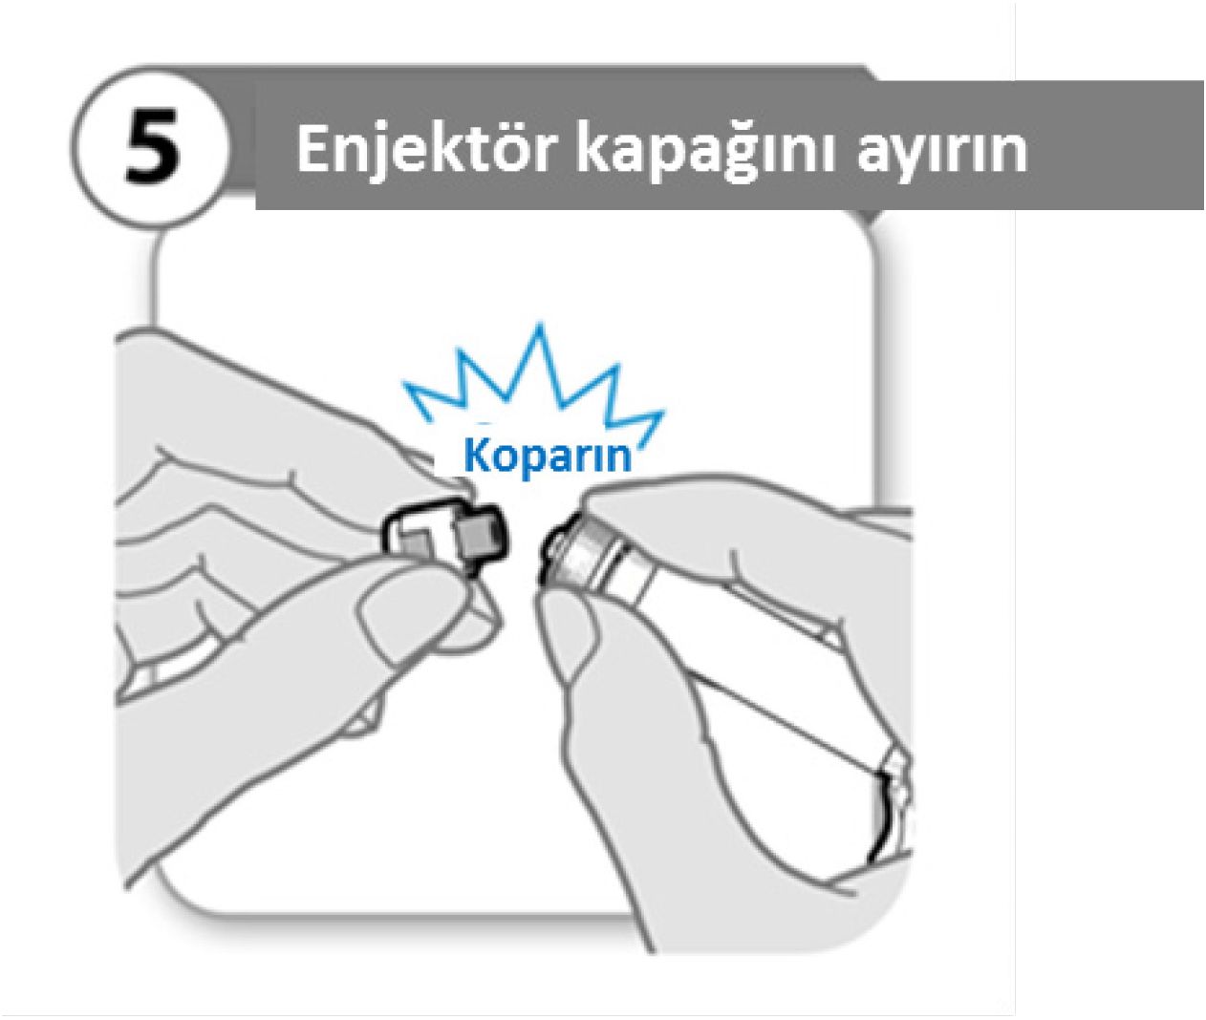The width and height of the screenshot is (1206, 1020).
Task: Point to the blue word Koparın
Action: [549, 457]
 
